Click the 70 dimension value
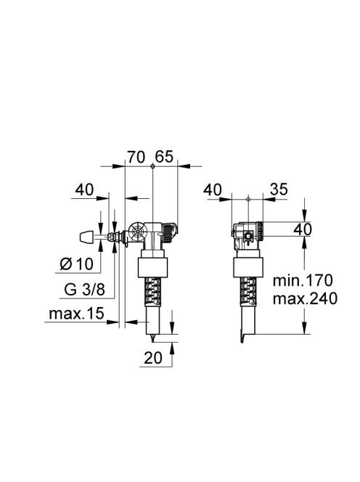click(136, 158)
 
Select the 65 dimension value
click(164, 157)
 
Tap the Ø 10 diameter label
click(76, 264)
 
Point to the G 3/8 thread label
click(85, 289)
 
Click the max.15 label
click(76, 314)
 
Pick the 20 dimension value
click(153, 357)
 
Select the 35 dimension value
click(279, 189)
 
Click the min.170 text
click(303, 280)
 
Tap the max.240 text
click(305, 298)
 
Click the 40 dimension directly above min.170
click(303, 229)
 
